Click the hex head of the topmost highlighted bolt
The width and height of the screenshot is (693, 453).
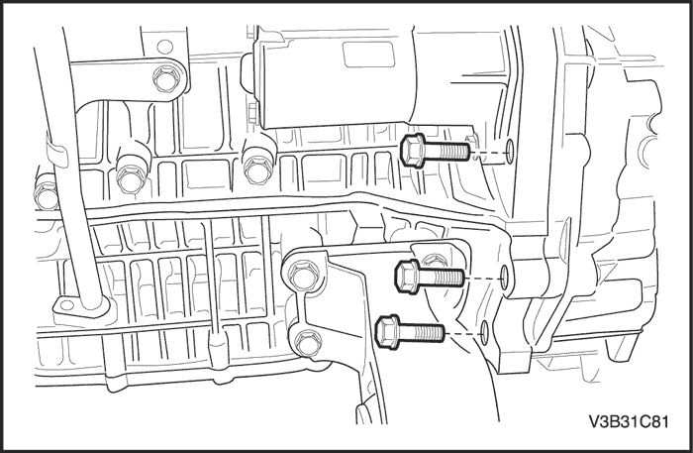point(413,151)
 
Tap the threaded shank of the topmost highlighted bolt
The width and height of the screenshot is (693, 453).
point(447,152)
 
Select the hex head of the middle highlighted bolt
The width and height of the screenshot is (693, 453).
point(408,277)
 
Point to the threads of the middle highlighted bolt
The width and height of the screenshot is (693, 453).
point(442,278)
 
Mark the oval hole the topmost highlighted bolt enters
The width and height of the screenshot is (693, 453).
point(509,151)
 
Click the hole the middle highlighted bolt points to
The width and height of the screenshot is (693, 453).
point(505,279)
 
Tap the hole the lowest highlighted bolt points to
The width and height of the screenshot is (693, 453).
point(484,333)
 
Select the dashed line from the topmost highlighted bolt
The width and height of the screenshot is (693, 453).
point(487,153)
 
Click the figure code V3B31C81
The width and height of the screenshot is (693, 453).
point(629,421)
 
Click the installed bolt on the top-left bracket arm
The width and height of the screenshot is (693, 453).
point(166,79)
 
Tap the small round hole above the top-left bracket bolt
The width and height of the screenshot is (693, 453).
point(165,46)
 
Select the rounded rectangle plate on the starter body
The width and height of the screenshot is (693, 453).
point(368,55)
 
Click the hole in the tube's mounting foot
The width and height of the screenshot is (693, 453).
point(66,304)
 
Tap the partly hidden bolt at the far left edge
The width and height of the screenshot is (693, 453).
point(46,191)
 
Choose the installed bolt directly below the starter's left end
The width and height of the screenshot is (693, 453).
point(256,168)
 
